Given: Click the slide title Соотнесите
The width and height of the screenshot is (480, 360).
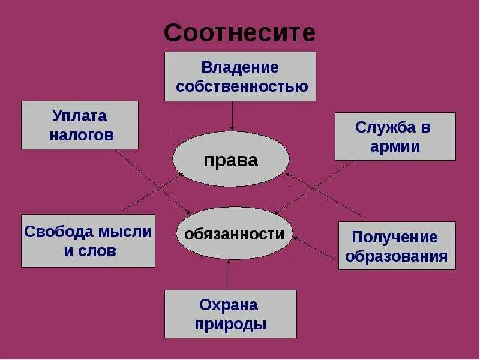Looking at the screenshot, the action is point(239,33).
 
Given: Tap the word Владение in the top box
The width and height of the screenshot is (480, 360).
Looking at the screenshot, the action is point(240,67).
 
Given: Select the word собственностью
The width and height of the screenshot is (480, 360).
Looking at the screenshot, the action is point(242,86).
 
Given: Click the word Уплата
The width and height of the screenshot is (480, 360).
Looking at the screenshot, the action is point(79,116).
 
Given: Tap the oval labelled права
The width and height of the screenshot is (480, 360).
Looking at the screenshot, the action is point(230,160).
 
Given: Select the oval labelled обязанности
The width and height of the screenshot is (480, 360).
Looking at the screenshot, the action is point(235,234).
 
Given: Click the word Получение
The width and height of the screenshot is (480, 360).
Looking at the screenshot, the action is point(395,238).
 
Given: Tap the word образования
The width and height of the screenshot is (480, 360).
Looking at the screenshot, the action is point(397,257).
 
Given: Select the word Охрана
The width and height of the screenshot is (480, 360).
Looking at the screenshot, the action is point(230,305).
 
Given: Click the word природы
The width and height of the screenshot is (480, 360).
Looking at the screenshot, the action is point(230,325).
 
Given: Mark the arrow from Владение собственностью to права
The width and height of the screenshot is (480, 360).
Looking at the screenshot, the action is point(232,116).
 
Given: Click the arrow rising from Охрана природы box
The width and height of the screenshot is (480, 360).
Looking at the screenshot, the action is point(229,276).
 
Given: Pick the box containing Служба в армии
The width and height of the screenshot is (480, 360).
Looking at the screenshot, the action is point(395,136).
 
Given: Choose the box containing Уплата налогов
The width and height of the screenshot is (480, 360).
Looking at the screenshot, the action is point(79,125).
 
